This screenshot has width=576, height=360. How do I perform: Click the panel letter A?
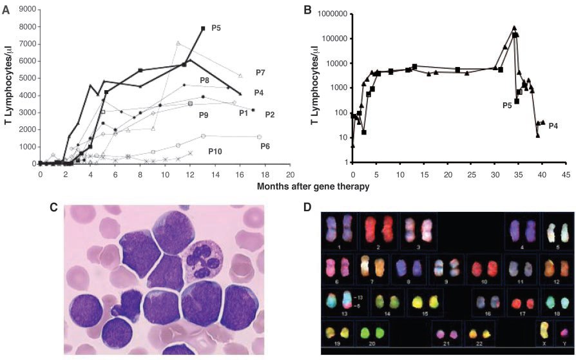[x=6, y=9]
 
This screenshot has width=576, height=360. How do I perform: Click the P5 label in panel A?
[x=216, y=29]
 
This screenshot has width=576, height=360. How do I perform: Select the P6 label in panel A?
[x=265, y=146]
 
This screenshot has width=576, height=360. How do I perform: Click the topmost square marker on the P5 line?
[x=203, y=28]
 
